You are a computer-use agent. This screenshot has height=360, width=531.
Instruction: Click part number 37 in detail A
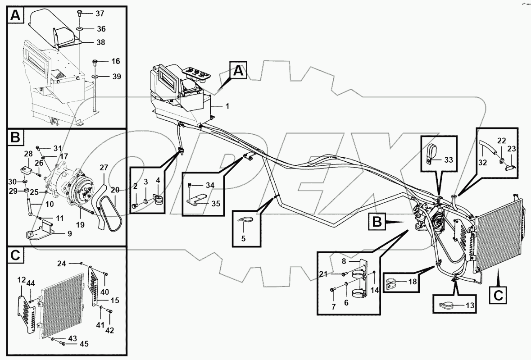100,13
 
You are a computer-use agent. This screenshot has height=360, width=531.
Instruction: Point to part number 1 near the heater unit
227,106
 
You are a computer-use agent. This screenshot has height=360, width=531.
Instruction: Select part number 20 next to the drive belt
115,190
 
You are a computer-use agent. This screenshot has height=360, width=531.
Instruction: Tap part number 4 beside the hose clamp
158,181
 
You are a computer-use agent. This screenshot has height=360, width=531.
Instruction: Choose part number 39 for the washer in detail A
116,77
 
